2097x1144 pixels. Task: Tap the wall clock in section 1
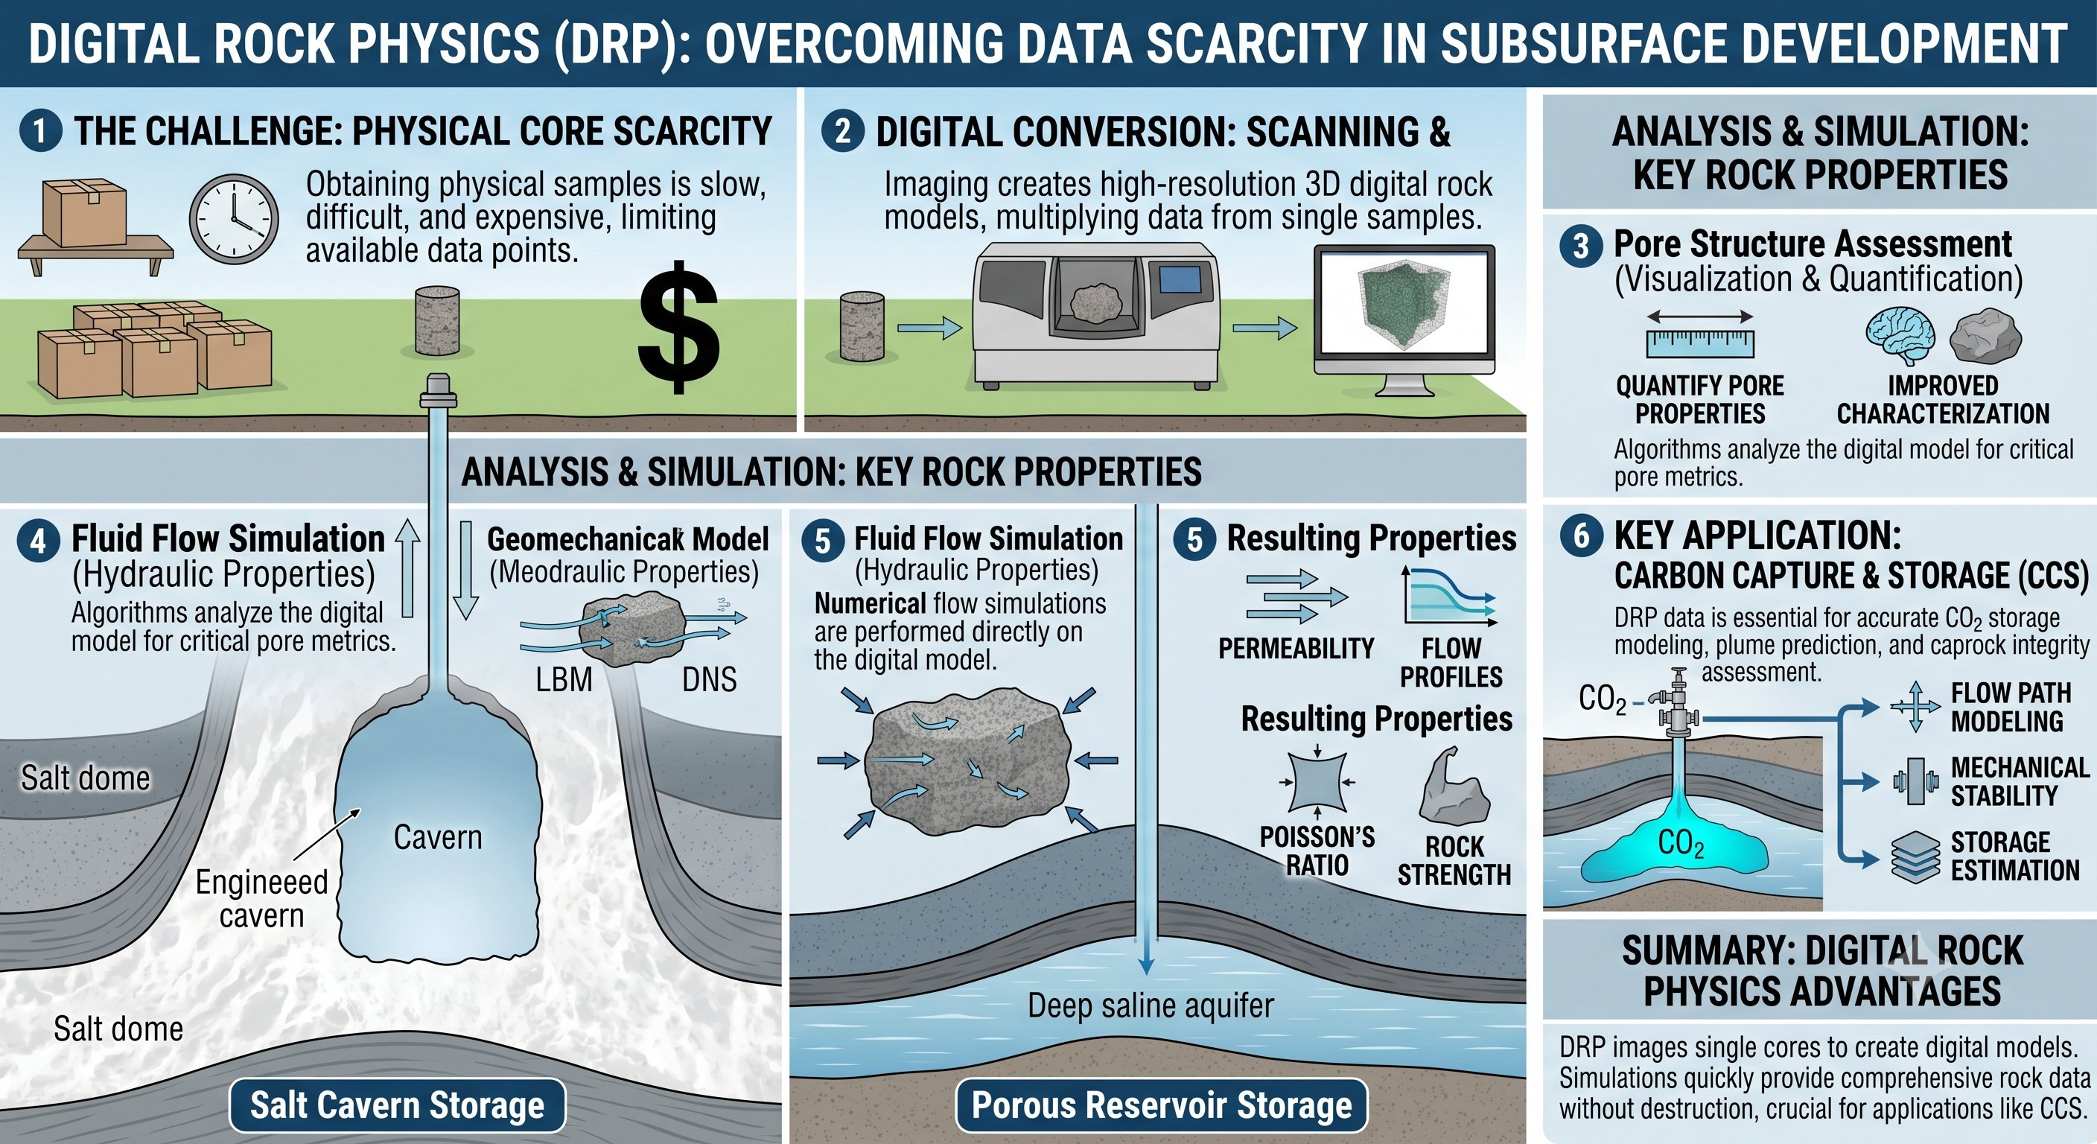pyautogui.click(x=235, y=219)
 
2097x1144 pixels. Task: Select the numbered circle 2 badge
pyautogui.click(x=842, y=131)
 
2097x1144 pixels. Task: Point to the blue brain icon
pyautogui.click(x=1899, y=335)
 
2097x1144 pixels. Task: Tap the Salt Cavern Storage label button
pyautogui.click(x=397, y=1105)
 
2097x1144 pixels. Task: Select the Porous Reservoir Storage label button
pyautogui.click(x=1162, y=1105)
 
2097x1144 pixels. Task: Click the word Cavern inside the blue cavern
pyautogui.click(x=438, y=837)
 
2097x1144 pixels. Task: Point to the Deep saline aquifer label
pyautogui.click(x=1151, y=1005)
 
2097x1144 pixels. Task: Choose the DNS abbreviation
pyautogui.click(x=709, y=679)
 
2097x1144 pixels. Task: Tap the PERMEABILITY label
pyautogui.click(x=1296, y=648)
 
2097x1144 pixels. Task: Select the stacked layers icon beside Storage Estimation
pyautogui.click(x=1915, y=857)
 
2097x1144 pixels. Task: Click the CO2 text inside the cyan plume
pyautogui.click(x=1681, y=844)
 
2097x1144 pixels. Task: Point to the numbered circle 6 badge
pyautogui.click(x=1581, y=535)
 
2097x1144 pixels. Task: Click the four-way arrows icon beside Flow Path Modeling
pyautogui.click(x=1915, y=706)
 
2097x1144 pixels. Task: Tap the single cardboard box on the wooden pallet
pyautogui.click(x=84, y=212)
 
